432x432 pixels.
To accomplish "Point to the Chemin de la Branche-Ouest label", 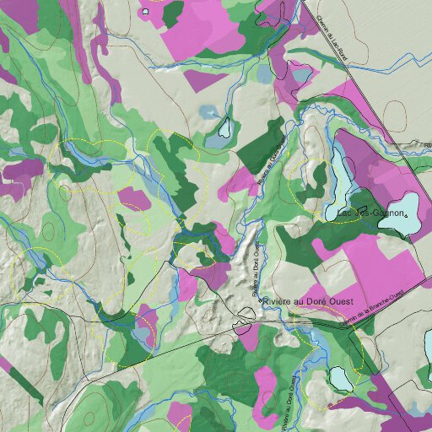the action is tap(371, 307).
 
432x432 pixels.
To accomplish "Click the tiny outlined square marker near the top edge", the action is tap(146, 12).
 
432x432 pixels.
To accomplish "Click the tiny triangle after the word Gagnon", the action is tap(406, 216).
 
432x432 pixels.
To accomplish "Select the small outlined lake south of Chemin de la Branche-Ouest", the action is tap(341, 379).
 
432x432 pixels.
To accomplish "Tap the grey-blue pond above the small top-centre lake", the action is tap(209, 111).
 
